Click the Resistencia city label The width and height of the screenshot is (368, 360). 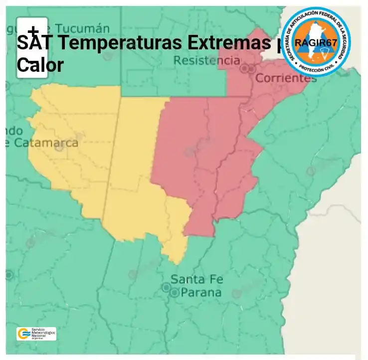[206, 61]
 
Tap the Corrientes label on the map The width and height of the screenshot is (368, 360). [286, 78]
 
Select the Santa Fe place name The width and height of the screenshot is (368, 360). [194, 279]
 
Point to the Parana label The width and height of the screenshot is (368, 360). [200, 293]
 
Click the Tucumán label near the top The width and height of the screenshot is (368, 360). [82, 28]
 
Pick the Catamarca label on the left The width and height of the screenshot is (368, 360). [45, 143]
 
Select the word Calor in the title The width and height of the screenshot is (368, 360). [40, 64]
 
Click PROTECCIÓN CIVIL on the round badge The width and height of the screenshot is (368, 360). [316, 71]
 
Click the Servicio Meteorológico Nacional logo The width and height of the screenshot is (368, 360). [36, 334]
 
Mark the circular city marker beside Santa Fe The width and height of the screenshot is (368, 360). [166, 287]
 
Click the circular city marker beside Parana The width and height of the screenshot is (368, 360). [174, 293]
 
